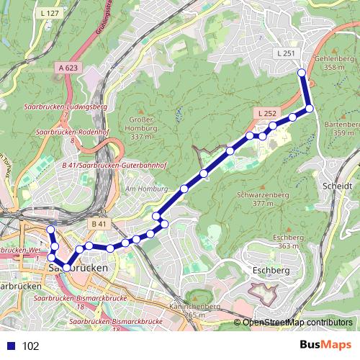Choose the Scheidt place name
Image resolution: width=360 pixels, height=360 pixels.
click(x=338, y=185)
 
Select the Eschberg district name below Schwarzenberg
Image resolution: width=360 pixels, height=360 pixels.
click(x=271, y=270)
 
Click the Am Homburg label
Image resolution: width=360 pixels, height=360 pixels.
click(x=140, y=189)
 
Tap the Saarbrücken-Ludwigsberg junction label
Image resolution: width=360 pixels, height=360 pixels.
click(x=66, y=107)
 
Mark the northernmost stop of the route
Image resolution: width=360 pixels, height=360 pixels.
click(x=302, y=72)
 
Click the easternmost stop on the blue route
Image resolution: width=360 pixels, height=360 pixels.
click(x=310, y=109)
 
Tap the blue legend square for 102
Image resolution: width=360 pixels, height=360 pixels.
click(x=12, y=346)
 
